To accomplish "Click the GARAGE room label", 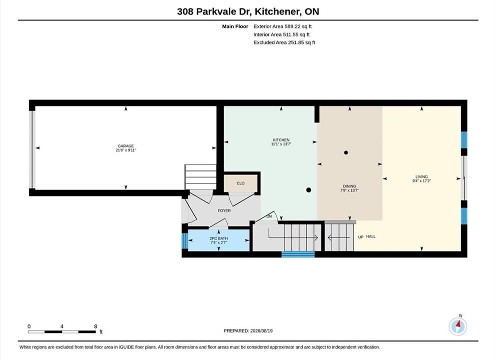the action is click(126, 146).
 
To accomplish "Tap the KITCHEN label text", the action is click(281, 140).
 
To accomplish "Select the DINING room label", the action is click(350, 186).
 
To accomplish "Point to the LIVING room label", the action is click(422, 176).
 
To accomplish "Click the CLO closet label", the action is click(240, 183).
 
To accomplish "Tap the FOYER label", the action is click(224, 210).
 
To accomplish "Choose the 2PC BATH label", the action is click(219, 238).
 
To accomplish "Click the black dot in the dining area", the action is click(346, 152).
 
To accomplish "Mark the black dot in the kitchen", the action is click(309, 190).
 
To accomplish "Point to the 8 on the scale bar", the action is click(95, 326).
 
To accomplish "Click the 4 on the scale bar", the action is click(62, 326).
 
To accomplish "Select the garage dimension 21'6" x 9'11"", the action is click(126, 150).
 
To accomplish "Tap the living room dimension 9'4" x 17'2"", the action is click(422, 181).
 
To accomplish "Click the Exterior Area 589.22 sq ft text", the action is click(283, 26).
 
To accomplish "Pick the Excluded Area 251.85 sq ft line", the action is click(284, 42).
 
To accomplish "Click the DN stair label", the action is click(269, 216).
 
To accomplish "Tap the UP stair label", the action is click(361, 237).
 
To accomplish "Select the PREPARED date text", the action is click(248, 331).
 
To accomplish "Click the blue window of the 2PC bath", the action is click(185, 240).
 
